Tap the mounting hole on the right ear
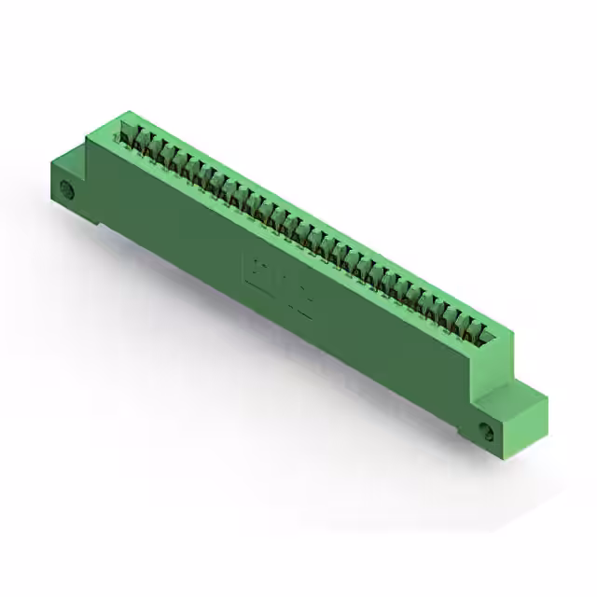point(486,431)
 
